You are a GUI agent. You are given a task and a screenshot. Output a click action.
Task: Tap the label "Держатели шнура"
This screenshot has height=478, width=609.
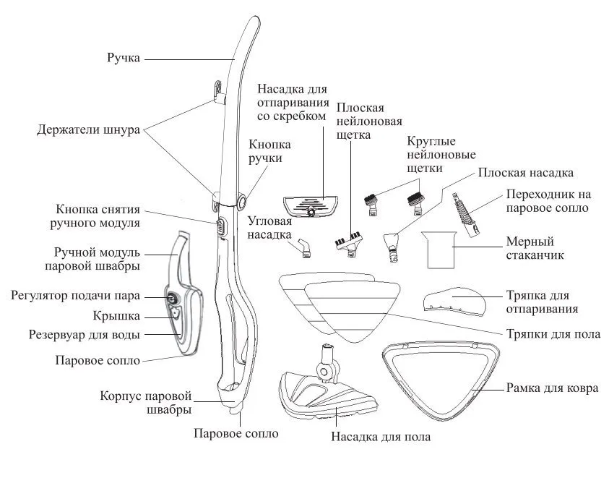(89, 131)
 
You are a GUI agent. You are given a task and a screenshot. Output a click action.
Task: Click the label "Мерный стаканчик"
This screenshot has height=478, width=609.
(535, 249)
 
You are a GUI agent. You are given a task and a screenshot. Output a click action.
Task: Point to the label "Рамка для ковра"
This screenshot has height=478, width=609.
(551, 388)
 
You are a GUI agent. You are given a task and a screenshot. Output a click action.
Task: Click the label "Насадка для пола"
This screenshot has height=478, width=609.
(381, 438)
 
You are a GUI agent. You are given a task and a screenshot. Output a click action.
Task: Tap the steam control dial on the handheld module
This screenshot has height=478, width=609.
(173, 297)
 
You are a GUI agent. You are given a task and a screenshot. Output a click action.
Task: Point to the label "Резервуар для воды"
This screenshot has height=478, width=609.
(84, 335)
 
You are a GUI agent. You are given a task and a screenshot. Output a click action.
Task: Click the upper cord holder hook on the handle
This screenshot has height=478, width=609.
(217, 89)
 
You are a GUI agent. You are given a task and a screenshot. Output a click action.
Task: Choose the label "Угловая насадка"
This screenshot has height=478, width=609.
(269, 228)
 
